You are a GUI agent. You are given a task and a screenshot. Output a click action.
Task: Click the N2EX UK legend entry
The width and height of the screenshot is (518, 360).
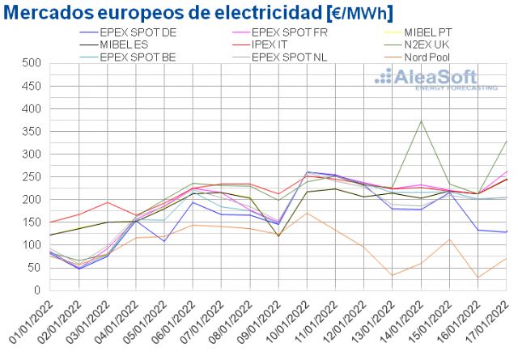coord(430,44)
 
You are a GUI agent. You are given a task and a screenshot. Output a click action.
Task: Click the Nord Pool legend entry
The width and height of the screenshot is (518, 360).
coord(429,57)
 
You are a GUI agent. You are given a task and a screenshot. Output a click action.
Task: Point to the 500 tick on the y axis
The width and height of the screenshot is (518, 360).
coord(32,63)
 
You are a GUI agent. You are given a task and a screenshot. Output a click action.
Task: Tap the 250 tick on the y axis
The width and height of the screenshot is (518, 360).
coord(32,176)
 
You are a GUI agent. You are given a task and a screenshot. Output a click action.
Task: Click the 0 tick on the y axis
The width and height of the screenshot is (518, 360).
coord(37,290)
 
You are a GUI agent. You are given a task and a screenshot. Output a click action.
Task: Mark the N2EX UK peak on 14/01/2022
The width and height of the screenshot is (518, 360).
coord(422,121)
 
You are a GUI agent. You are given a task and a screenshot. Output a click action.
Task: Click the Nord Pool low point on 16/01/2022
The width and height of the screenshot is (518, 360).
coord(478,277)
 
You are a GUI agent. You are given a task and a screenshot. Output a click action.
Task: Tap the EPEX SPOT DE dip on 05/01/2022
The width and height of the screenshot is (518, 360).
coord(164,241)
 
